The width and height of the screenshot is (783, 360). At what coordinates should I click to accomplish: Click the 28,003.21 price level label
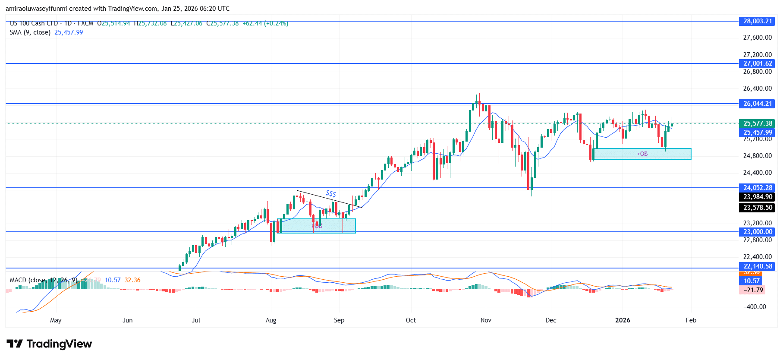(x=757, y=21)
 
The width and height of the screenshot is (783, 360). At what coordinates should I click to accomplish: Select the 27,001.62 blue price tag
(x=757, y=63)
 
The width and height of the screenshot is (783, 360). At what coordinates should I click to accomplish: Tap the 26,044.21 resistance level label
(x=757, y=104)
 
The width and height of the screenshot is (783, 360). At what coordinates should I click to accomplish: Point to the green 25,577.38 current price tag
(x=757, y=123)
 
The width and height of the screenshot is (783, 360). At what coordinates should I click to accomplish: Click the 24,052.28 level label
(x=757, y=188)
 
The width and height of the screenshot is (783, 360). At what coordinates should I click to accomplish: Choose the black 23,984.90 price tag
(x=757, y=197)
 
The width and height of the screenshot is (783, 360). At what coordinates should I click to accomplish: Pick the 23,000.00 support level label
(x=757, y=232)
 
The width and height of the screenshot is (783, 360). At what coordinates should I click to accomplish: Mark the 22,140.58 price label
(x=757, y=266)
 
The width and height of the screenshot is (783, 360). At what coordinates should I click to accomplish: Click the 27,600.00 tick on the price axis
(x=757, y=38)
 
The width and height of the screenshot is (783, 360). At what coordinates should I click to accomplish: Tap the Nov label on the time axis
(x=486, y=320)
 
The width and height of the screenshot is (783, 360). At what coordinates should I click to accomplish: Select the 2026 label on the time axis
(x=623, y=320)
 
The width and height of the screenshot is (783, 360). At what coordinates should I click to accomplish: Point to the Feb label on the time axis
(x=691, y=320)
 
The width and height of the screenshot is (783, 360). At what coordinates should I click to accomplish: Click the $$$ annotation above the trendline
(x=331, y=193)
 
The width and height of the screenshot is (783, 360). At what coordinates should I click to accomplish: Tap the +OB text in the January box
(x=642, y=154)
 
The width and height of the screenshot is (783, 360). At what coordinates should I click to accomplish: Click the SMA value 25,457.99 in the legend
(x=69, y=32)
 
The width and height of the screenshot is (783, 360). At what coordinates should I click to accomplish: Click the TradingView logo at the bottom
(x=49, y=344)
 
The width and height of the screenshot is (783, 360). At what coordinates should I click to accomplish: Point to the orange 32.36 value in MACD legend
(x=132, y=280)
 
